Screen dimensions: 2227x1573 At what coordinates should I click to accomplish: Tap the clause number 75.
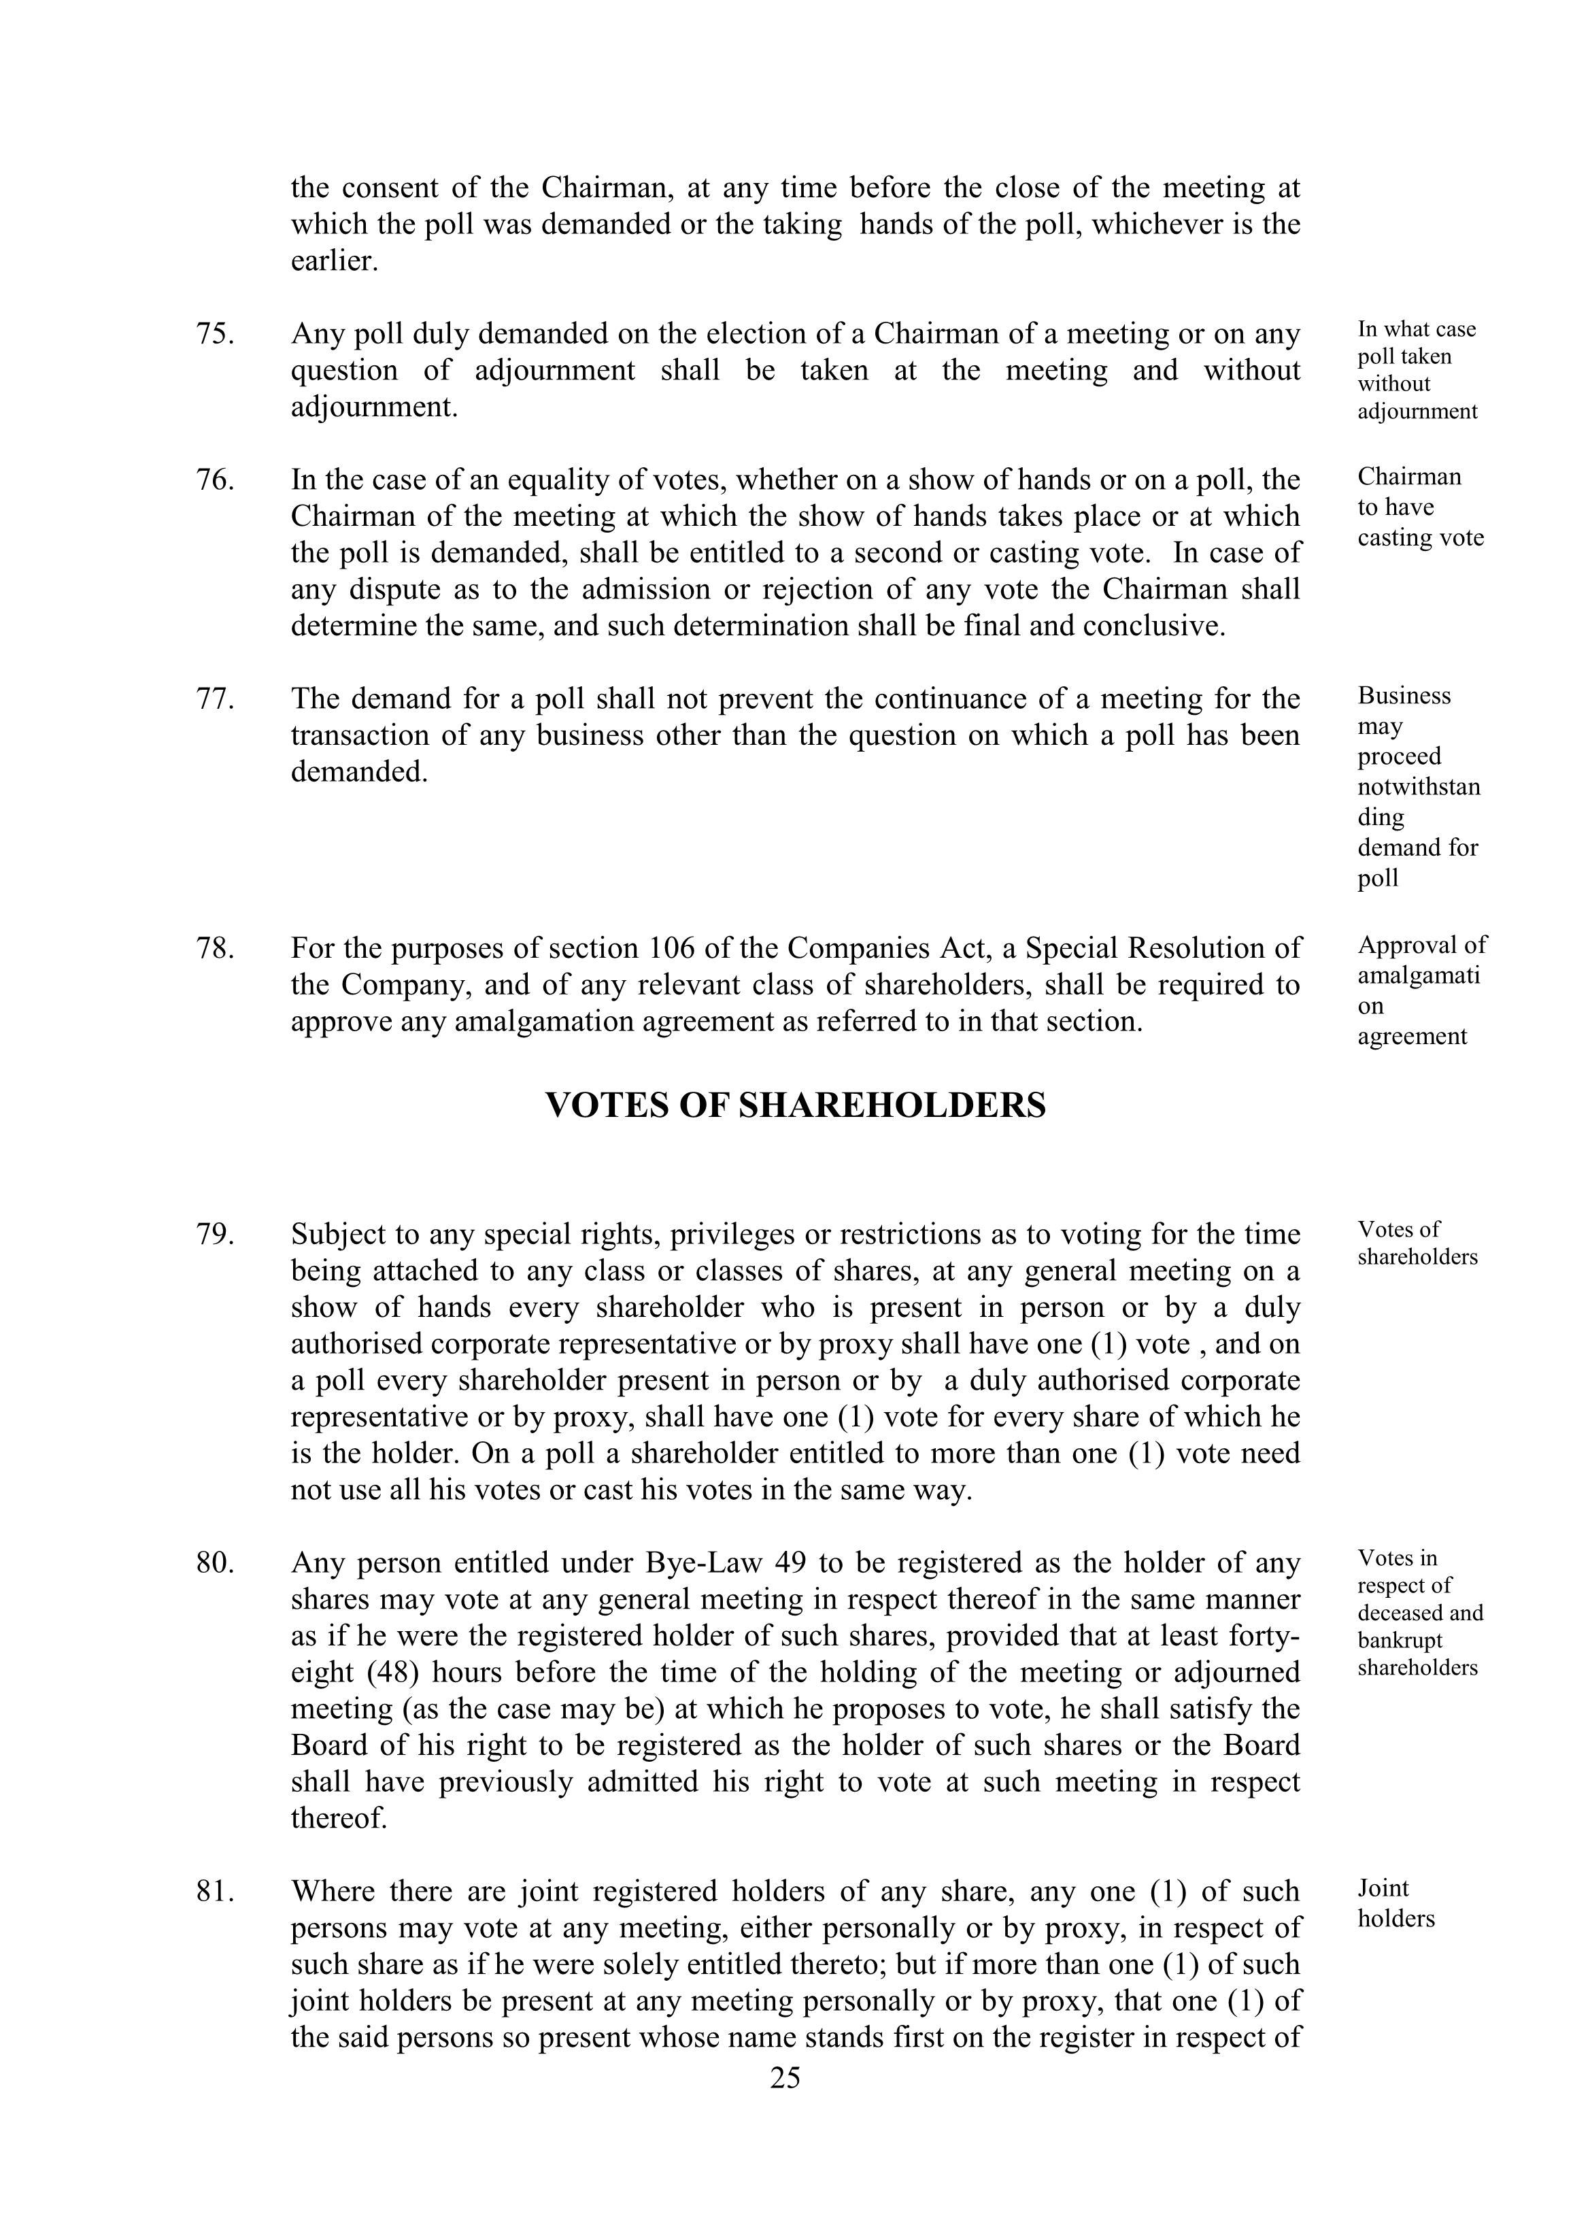pos(216,334)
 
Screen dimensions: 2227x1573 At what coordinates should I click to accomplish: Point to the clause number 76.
pos(216,480)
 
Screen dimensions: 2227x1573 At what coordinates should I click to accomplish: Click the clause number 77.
pos(216,699)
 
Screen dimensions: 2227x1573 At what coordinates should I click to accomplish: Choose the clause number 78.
pos(216,948)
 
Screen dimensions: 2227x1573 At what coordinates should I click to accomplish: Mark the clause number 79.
pos(216,1234)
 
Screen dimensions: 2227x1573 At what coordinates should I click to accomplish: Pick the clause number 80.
pos(216,1562)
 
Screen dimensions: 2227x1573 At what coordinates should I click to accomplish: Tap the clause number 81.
pos(216,1892)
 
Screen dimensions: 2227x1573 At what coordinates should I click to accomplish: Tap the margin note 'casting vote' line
pos(1420,537)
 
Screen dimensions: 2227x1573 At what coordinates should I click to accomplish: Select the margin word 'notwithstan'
pos(1419,786)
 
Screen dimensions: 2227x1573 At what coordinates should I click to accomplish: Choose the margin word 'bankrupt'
pos(1400,1640)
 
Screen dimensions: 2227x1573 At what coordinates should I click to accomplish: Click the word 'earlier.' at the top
pos(334,261)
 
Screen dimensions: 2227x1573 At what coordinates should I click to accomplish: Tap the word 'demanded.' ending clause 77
pos(359,772)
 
